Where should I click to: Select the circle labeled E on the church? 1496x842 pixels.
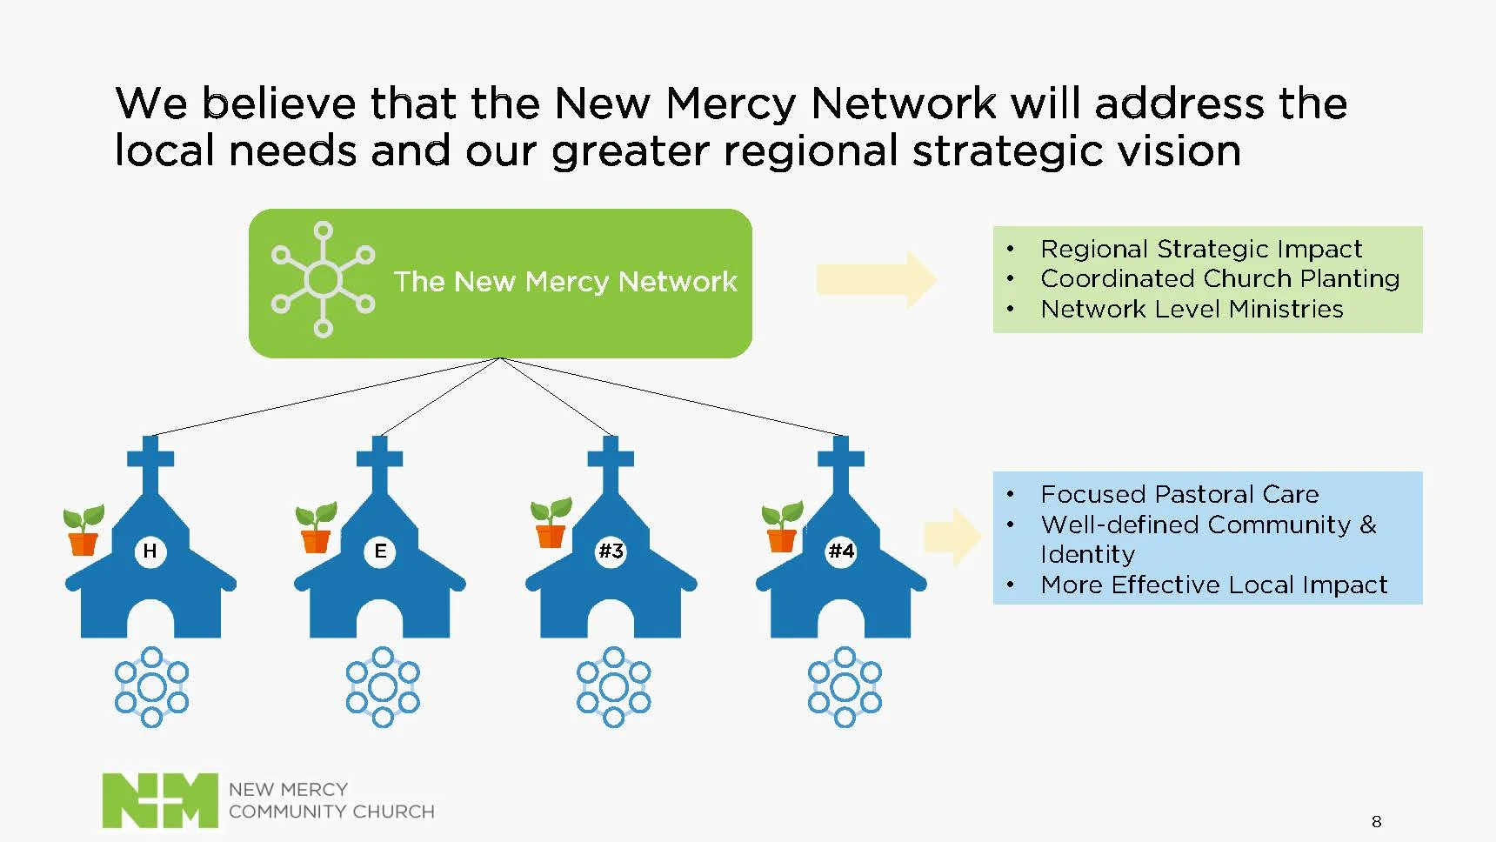point(380,551)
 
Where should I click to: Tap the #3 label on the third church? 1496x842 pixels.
point(611,551)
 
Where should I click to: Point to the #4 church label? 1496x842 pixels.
point(841,551)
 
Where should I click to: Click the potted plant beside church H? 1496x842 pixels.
point(83,530)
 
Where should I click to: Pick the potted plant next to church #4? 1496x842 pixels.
point(782,526)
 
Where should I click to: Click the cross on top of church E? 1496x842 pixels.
point(380,461)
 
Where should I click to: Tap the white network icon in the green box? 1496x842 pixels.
point(323,279)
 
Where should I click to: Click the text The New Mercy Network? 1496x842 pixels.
point(564,282)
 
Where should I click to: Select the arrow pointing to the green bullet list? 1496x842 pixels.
point(876,279)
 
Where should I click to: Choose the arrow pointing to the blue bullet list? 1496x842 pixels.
point(953,537)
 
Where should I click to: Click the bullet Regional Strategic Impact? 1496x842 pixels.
point(1200,250)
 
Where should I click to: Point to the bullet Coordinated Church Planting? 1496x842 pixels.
point(1219,279)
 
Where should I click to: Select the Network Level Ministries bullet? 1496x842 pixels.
point(1192,310)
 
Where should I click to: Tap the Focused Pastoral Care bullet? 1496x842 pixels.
point(1179,495)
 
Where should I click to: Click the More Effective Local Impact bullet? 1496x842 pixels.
point(1213,585)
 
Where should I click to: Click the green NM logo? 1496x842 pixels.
point(160,799)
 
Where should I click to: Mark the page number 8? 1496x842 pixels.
point(1376,821)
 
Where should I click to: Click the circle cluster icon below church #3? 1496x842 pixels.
point(613,686)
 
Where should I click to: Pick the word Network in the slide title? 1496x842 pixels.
point(904,104)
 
